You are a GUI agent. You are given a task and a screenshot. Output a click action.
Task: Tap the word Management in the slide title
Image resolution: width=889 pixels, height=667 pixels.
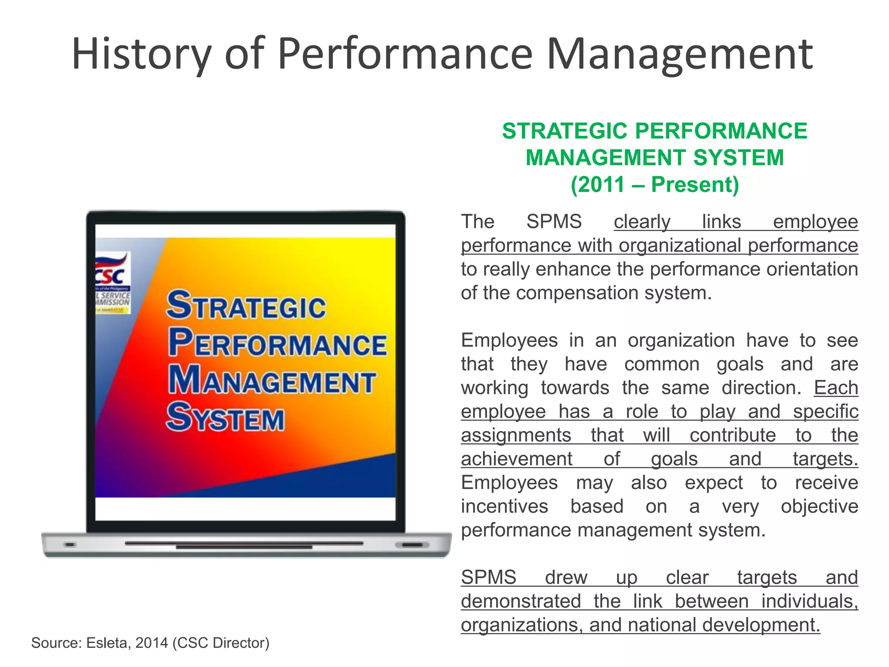click(x=679, y=54)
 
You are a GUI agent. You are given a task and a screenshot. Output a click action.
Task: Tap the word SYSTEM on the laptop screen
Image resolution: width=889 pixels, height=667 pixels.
click(x=225, y=417)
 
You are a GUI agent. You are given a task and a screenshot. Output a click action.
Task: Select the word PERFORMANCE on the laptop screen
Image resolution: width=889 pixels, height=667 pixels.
click(x=278, y=343)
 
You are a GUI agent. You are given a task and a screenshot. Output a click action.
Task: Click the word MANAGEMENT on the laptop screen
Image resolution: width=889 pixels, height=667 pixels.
click(x=272, y=380)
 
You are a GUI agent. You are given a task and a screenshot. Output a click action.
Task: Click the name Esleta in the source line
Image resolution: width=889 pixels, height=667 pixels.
click(x=109, y=643)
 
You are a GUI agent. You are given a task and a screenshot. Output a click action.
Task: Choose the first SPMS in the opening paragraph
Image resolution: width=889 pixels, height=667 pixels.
click(x=554, y=222)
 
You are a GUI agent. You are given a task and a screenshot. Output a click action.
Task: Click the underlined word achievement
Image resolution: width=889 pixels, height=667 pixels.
click(x=517, y=459)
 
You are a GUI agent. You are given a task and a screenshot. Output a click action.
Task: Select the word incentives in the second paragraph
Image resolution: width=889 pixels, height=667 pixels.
click(x=504, y=506)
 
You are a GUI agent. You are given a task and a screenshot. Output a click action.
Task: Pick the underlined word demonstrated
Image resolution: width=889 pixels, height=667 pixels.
click(x=521, y=601)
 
